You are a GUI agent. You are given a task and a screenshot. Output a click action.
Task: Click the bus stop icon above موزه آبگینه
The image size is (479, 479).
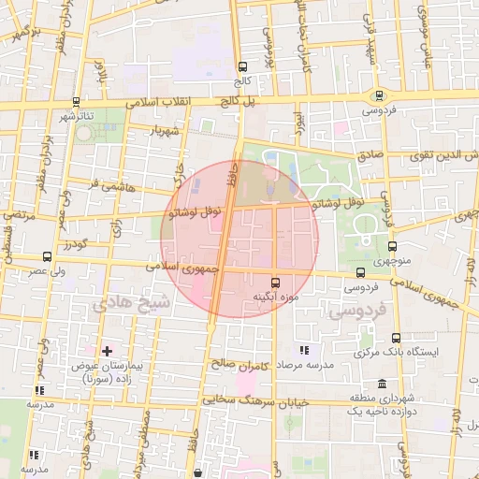(x=275, y=282)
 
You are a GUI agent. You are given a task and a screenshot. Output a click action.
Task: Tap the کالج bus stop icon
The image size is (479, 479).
(x=243, y=66)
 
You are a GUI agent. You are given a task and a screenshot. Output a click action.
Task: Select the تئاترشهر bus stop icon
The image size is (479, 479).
(x=76, y=102)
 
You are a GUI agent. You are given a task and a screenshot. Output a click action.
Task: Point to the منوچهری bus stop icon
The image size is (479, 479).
(x=392, y=247)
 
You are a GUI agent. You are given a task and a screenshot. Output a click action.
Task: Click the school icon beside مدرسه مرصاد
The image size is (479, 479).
(x=304, y=349)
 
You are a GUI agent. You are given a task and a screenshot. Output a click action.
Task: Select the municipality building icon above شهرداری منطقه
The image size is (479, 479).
(x=382, y=384)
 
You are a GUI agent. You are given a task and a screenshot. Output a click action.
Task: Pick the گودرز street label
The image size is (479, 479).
(x=77, y=244)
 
